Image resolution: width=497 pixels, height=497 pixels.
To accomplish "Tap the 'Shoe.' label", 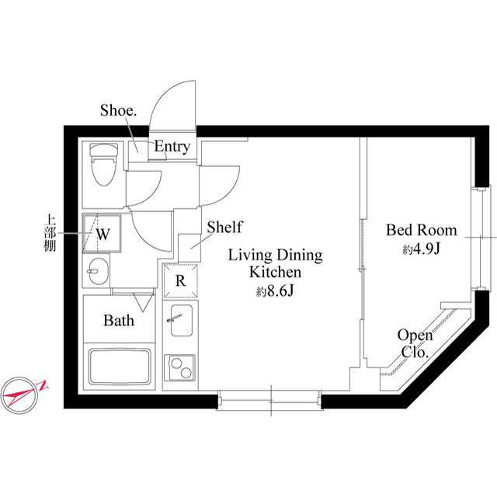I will coord(118,111).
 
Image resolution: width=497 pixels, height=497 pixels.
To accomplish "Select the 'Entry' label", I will coord(172,147).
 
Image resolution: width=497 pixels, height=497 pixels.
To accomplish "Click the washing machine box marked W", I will coord(103,231).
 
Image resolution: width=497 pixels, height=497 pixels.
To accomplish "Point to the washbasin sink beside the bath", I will coord(97,271).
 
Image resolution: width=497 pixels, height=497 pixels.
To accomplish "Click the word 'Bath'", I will coord(119,320).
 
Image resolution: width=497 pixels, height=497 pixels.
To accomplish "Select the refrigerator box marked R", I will coord(180,281).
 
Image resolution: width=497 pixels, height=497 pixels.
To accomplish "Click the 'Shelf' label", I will coord(224,228).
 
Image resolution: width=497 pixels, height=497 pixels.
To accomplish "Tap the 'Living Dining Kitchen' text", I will coord(274,264).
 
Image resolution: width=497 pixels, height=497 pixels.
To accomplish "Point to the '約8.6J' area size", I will coord(274,292).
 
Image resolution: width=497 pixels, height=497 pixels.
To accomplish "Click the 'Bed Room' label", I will coord(422,231).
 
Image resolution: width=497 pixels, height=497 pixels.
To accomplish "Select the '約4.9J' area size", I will coord(422,249).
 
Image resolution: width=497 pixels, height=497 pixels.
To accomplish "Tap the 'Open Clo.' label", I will coord(415,343).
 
